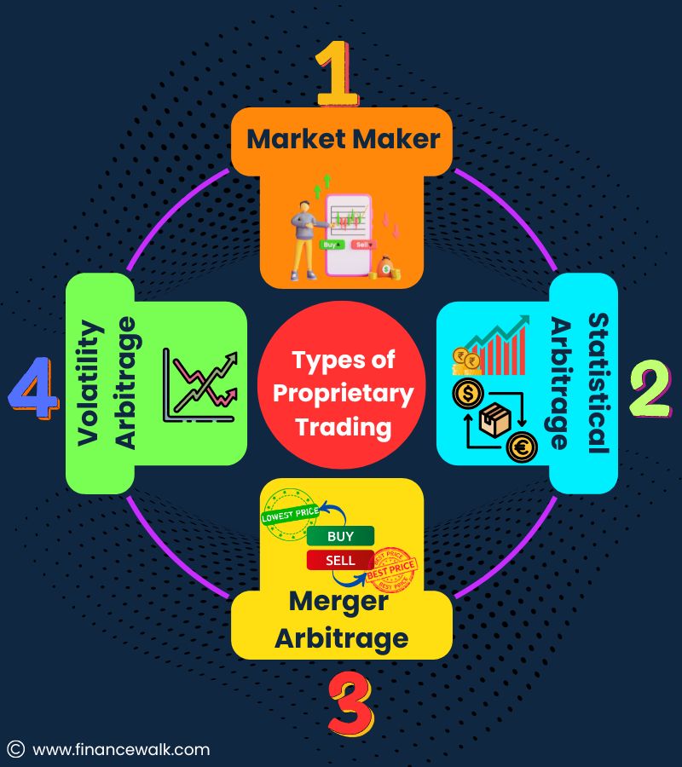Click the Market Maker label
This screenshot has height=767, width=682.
coord(344,138)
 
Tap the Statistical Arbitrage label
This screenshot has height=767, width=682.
coord(580,381)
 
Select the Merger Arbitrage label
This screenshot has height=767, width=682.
coord(341,619)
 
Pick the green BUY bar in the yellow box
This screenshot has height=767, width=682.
coord(340,536)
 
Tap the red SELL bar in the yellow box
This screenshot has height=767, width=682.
coord(340,561)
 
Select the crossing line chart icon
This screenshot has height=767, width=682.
coord(199,385)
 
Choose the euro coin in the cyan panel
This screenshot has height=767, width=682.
coord(520,447)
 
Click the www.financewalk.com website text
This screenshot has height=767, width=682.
coord(120,750)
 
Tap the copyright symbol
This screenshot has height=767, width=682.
coord(15,750)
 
